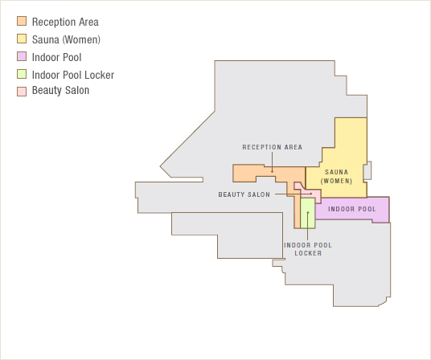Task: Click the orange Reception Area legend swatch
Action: click(x=22, y=22)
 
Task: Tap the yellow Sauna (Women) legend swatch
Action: click(x=22, y=39)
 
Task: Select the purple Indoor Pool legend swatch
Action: click(x=22, y=57)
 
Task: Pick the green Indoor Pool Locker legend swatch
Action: click(x=22, y=75)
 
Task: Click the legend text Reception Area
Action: click(x=65, y=22)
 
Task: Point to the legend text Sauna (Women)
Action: click(x=66, y=39)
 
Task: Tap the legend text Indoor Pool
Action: click(x=56, y=57)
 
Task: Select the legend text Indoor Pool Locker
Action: click(x=72, y=75)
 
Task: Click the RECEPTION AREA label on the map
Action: click(x=272, y=147)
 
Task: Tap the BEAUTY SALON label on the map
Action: click(x=244, y=194)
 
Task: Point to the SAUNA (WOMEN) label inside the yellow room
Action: click(x=337, y=177)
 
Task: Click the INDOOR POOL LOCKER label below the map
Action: click(x=307, y=249)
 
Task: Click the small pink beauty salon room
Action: click(x=299, y=187)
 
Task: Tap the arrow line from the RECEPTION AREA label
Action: click(x=272, y=162)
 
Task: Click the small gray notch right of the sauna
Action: click(x=367, y=170)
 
